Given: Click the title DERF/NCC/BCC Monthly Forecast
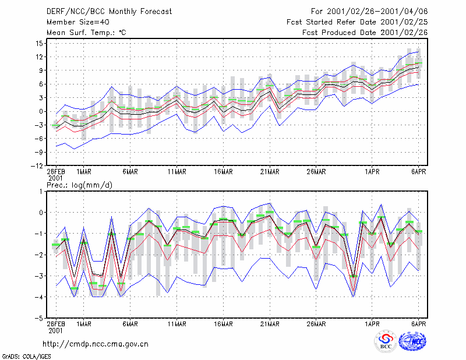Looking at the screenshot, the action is point(109,12).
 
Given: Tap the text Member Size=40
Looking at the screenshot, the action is point(78,22).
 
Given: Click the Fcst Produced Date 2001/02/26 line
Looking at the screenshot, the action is point(365,33).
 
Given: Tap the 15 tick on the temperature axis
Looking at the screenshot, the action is point(39,44).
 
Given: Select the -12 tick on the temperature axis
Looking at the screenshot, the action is point(37,166).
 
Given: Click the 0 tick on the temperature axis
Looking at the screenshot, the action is point(41,111).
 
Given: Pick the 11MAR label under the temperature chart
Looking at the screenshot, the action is point(177,172).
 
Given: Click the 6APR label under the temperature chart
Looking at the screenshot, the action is point(419,172).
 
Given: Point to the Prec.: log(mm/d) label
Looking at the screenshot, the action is point(80,185).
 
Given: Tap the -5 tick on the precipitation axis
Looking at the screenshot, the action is point(40,319).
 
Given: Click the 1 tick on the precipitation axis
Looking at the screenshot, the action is point(41,192).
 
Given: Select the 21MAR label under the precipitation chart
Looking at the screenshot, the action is point(270,324).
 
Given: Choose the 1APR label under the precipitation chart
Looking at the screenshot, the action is point(372,324).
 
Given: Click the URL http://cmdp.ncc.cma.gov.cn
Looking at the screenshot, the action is point(96,344).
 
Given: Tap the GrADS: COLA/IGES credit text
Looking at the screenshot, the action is point(26,357).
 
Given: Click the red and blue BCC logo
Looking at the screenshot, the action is point(386,341).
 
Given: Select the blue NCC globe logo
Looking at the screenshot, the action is point(412,341).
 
